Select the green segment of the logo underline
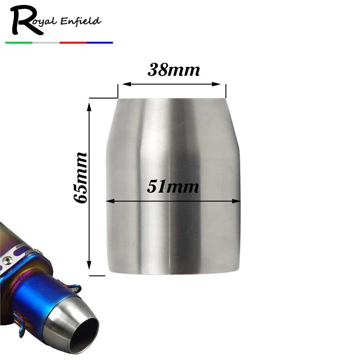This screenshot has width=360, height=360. (19, 42)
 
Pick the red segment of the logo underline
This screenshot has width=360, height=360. (73, 42)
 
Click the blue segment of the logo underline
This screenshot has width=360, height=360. (99, 42)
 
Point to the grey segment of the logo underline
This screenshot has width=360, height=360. (46, 42)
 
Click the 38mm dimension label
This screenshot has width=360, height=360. (173, 70)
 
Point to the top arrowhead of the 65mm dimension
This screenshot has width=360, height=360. (90, 106)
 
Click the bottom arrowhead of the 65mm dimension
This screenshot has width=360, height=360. (90, 265)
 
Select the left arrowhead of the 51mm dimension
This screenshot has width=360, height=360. (110, 201)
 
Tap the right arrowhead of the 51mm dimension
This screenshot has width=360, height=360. (237, 201)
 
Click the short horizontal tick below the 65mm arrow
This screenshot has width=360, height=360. (97, 274)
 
